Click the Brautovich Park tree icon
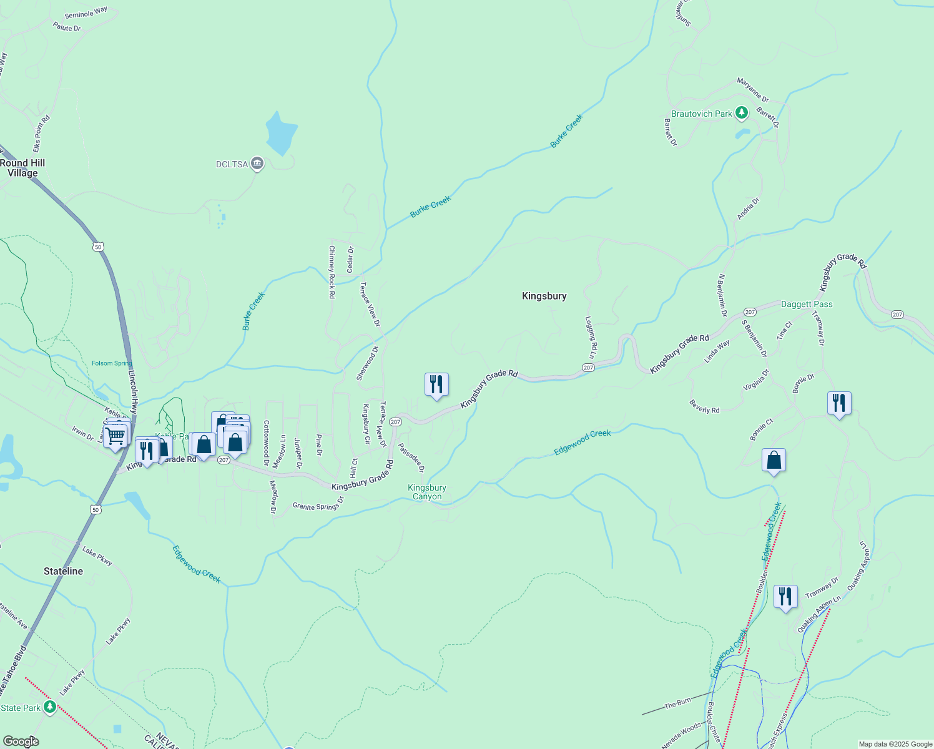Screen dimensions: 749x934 tap(742, 113)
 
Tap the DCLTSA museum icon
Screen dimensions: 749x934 tap(257, 164)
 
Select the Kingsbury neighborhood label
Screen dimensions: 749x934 tap(544, 296)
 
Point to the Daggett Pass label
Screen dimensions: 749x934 tap(807, 304)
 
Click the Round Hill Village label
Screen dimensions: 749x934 tap(22, 168)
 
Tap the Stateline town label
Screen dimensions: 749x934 tap(63, 571)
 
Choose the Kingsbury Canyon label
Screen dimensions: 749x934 tap(427, 492)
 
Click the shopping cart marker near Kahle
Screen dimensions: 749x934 tap(115, 436)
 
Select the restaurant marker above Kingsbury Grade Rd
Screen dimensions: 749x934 tap(436, 384)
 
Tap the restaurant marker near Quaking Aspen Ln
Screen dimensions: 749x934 tap(785, 596)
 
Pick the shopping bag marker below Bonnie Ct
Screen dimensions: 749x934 tap(774, 460)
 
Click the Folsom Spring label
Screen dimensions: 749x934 tap(111, 363)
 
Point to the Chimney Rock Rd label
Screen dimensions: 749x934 tap(332, 272)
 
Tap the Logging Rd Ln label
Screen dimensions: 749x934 tap(590, 337)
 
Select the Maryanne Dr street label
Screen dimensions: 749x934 tap(753, 90)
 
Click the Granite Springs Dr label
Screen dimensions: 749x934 tap(318, 503)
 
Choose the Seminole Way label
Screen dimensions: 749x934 tap(86, 12)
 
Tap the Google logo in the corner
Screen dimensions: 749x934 tap(21, 742)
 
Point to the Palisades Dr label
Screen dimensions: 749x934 tap(411, 458)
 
